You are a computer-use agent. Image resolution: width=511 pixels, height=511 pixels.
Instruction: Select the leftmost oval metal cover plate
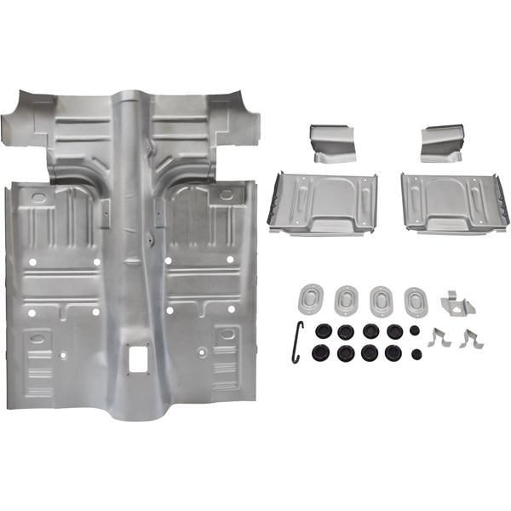(x=311, y=298)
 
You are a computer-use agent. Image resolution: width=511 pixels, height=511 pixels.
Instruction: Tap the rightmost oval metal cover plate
(x=416, y=300)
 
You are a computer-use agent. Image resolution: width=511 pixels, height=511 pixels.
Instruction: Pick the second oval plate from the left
(x=347, y=299)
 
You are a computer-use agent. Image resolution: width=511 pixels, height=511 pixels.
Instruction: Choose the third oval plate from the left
(x=382, y=300)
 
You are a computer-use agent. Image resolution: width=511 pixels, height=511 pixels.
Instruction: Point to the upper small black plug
(x=415, y=329)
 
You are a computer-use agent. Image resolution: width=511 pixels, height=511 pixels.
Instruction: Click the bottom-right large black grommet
(x=393, y=352)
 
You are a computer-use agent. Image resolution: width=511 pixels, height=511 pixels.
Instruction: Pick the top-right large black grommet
(x=393, y=330)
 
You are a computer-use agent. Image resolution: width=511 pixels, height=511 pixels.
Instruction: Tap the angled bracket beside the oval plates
(x=456, y=302)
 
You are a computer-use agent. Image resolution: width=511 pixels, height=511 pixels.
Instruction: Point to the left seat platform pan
(x=324, y=204)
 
